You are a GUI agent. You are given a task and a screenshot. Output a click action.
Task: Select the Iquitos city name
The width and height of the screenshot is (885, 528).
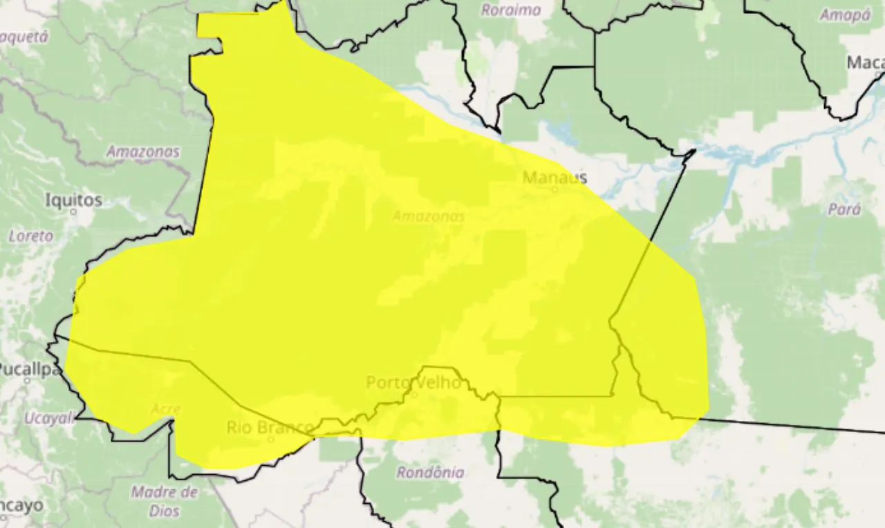[73, 200]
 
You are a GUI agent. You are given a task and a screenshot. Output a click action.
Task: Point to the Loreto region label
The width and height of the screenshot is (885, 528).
[30, 236]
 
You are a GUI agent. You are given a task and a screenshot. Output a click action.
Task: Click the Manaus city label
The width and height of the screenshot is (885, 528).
[555, 178]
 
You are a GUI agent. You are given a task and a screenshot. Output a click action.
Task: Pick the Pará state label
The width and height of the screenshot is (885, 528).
[845, 209]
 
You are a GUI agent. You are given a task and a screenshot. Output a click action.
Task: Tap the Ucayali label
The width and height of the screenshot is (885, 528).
[48, 418]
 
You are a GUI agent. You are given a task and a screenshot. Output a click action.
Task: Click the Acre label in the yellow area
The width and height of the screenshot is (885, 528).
[165, 409]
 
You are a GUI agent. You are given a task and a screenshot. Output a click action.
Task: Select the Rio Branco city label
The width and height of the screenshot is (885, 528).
[270, 428]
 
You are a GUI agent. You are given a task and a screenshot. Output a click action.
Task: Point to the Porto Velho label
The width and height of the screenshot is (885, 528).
[413, 382]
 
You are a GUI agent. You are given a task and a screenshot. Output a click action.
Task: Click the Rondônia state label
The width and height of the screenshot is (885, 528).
[430, 473]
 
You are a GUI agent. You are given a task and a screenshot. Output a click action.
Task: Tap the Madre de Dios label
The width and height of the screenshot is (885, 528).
[164, 502]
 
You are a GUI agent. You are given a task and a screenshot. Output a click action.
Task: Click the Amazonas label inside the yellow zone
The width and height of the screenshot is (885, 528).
[429, 216]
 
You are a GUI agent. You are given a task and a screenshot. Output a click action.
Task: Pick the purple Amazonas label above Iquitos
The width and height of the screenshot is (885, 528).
[143, 151]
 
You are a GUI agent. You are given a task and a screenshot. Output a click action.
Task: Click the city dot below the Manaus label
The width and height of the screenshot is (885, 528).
[555, 189]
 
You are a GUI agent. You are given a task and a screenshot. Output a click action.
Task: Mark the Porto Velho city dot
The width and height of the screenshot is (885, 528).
[414, 394]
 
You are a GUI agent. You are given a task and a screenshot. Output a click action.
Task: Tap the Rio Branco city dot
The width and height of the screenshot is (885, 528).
[271, 438]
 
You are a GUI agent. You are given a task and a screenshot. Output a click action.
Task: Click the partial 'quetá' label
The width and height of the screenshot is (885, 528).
[24, 37]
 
